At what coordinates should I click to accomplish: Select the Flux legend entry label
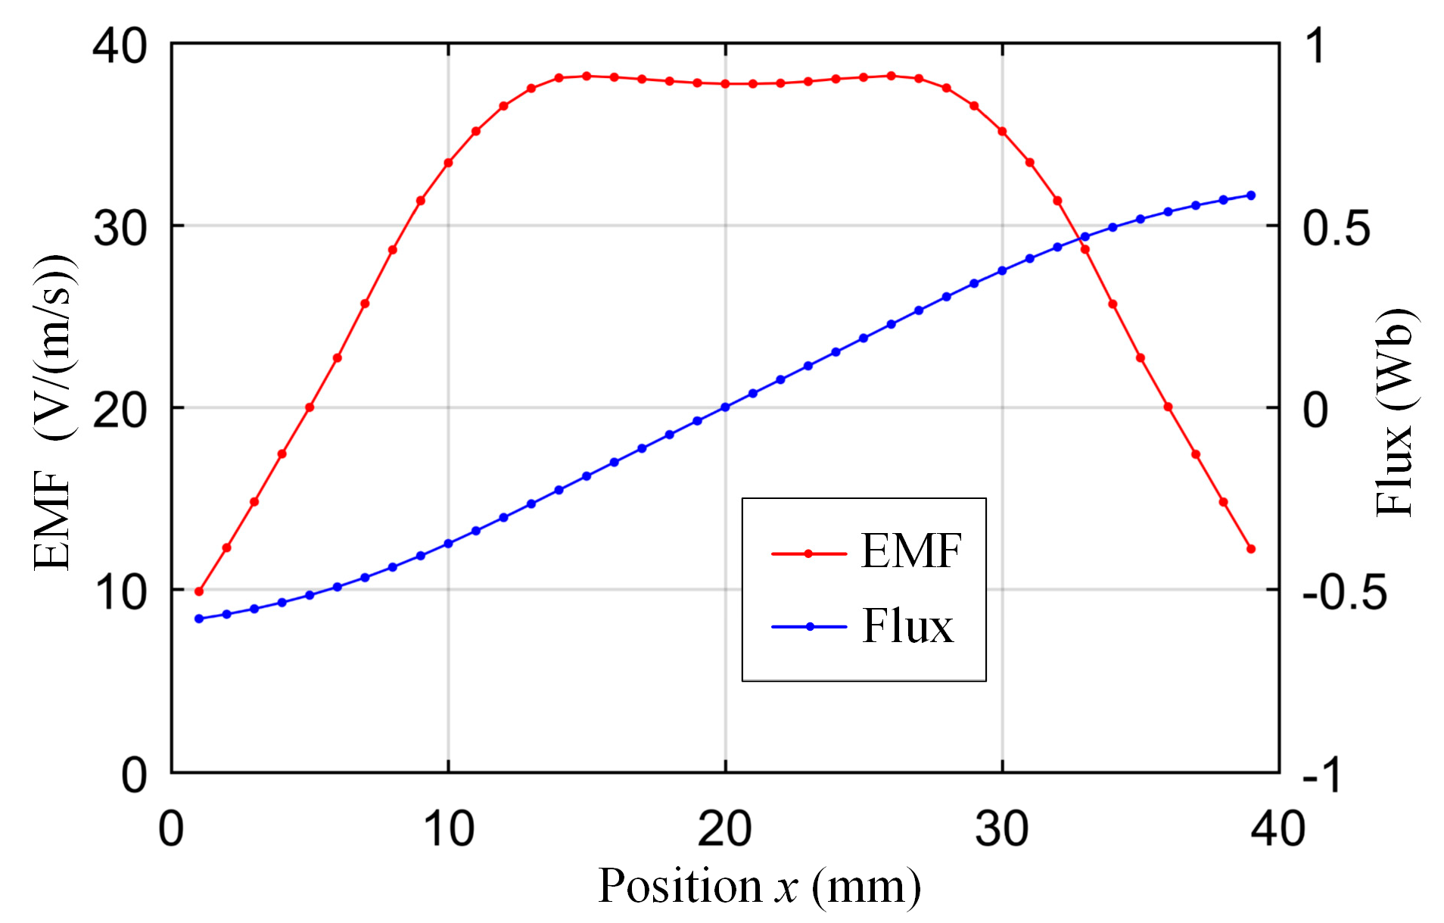click(x=907, y=626)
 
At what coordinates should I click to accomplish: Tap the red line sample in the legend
click(x=808, y=553)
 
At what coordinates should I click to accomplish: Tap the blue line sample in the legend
click(x=808, y=626)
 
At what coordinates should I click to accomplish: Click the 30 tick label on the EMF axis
click(x=120, y=227)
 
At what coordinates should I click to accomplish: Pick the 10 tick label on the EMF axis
click(x=120, y=592)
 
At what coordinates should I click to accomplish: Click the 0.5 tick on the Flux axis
click(x=1336, y=227)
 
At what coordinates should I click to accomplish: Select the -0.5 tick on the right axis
click(x=1344, y=592)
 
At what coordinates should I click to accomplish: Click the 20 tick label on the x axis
click(x=724, y=828)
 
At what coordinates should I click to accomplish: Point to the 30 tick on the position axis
click(x=1001, y=828)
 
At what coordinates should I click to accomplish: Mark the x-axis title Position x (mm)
click(x=759, y=885)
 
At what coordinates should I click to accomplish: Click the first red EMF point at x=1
click(x=199, y=591)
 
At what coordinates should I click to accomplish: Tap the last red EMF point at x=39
click(x=1250, y=549)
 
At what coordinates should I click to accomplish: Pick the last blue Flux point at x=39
click(x=1250, y=195)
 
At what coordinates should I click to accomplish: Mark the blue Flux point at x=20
click(x=725, y=407)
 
